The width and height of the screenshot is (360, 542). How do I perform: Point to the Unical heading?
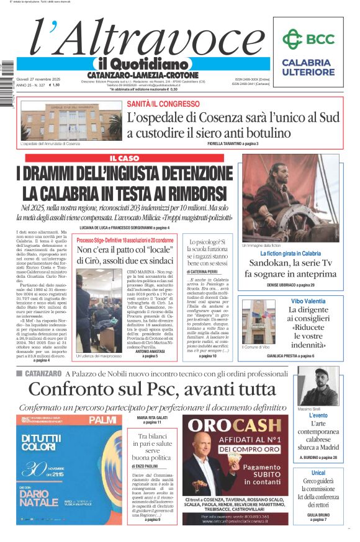click(318, 473)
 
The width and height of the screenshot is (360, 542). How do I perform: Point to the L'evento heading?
click(318, 415)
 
